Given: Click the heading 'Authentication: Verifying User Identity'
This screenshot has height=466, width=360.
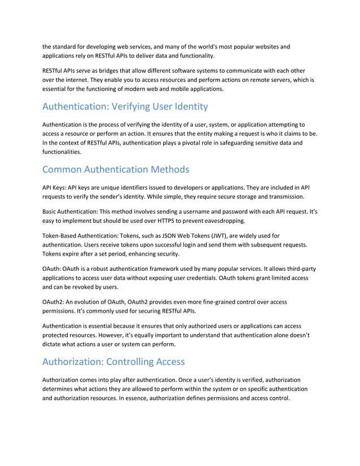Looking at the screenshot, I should (125, 106).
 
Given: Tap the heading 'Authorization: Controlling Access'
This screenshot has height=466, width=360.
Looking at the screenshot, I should (113, 361).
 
